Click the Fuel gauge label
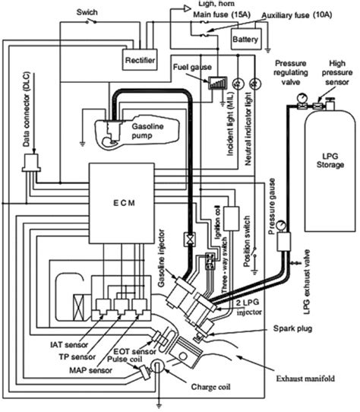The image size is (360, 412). (193, 68)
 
